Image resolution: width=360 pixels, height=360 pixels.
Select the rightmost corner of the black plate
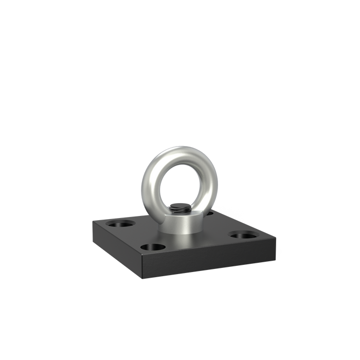tap(277, 237)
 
